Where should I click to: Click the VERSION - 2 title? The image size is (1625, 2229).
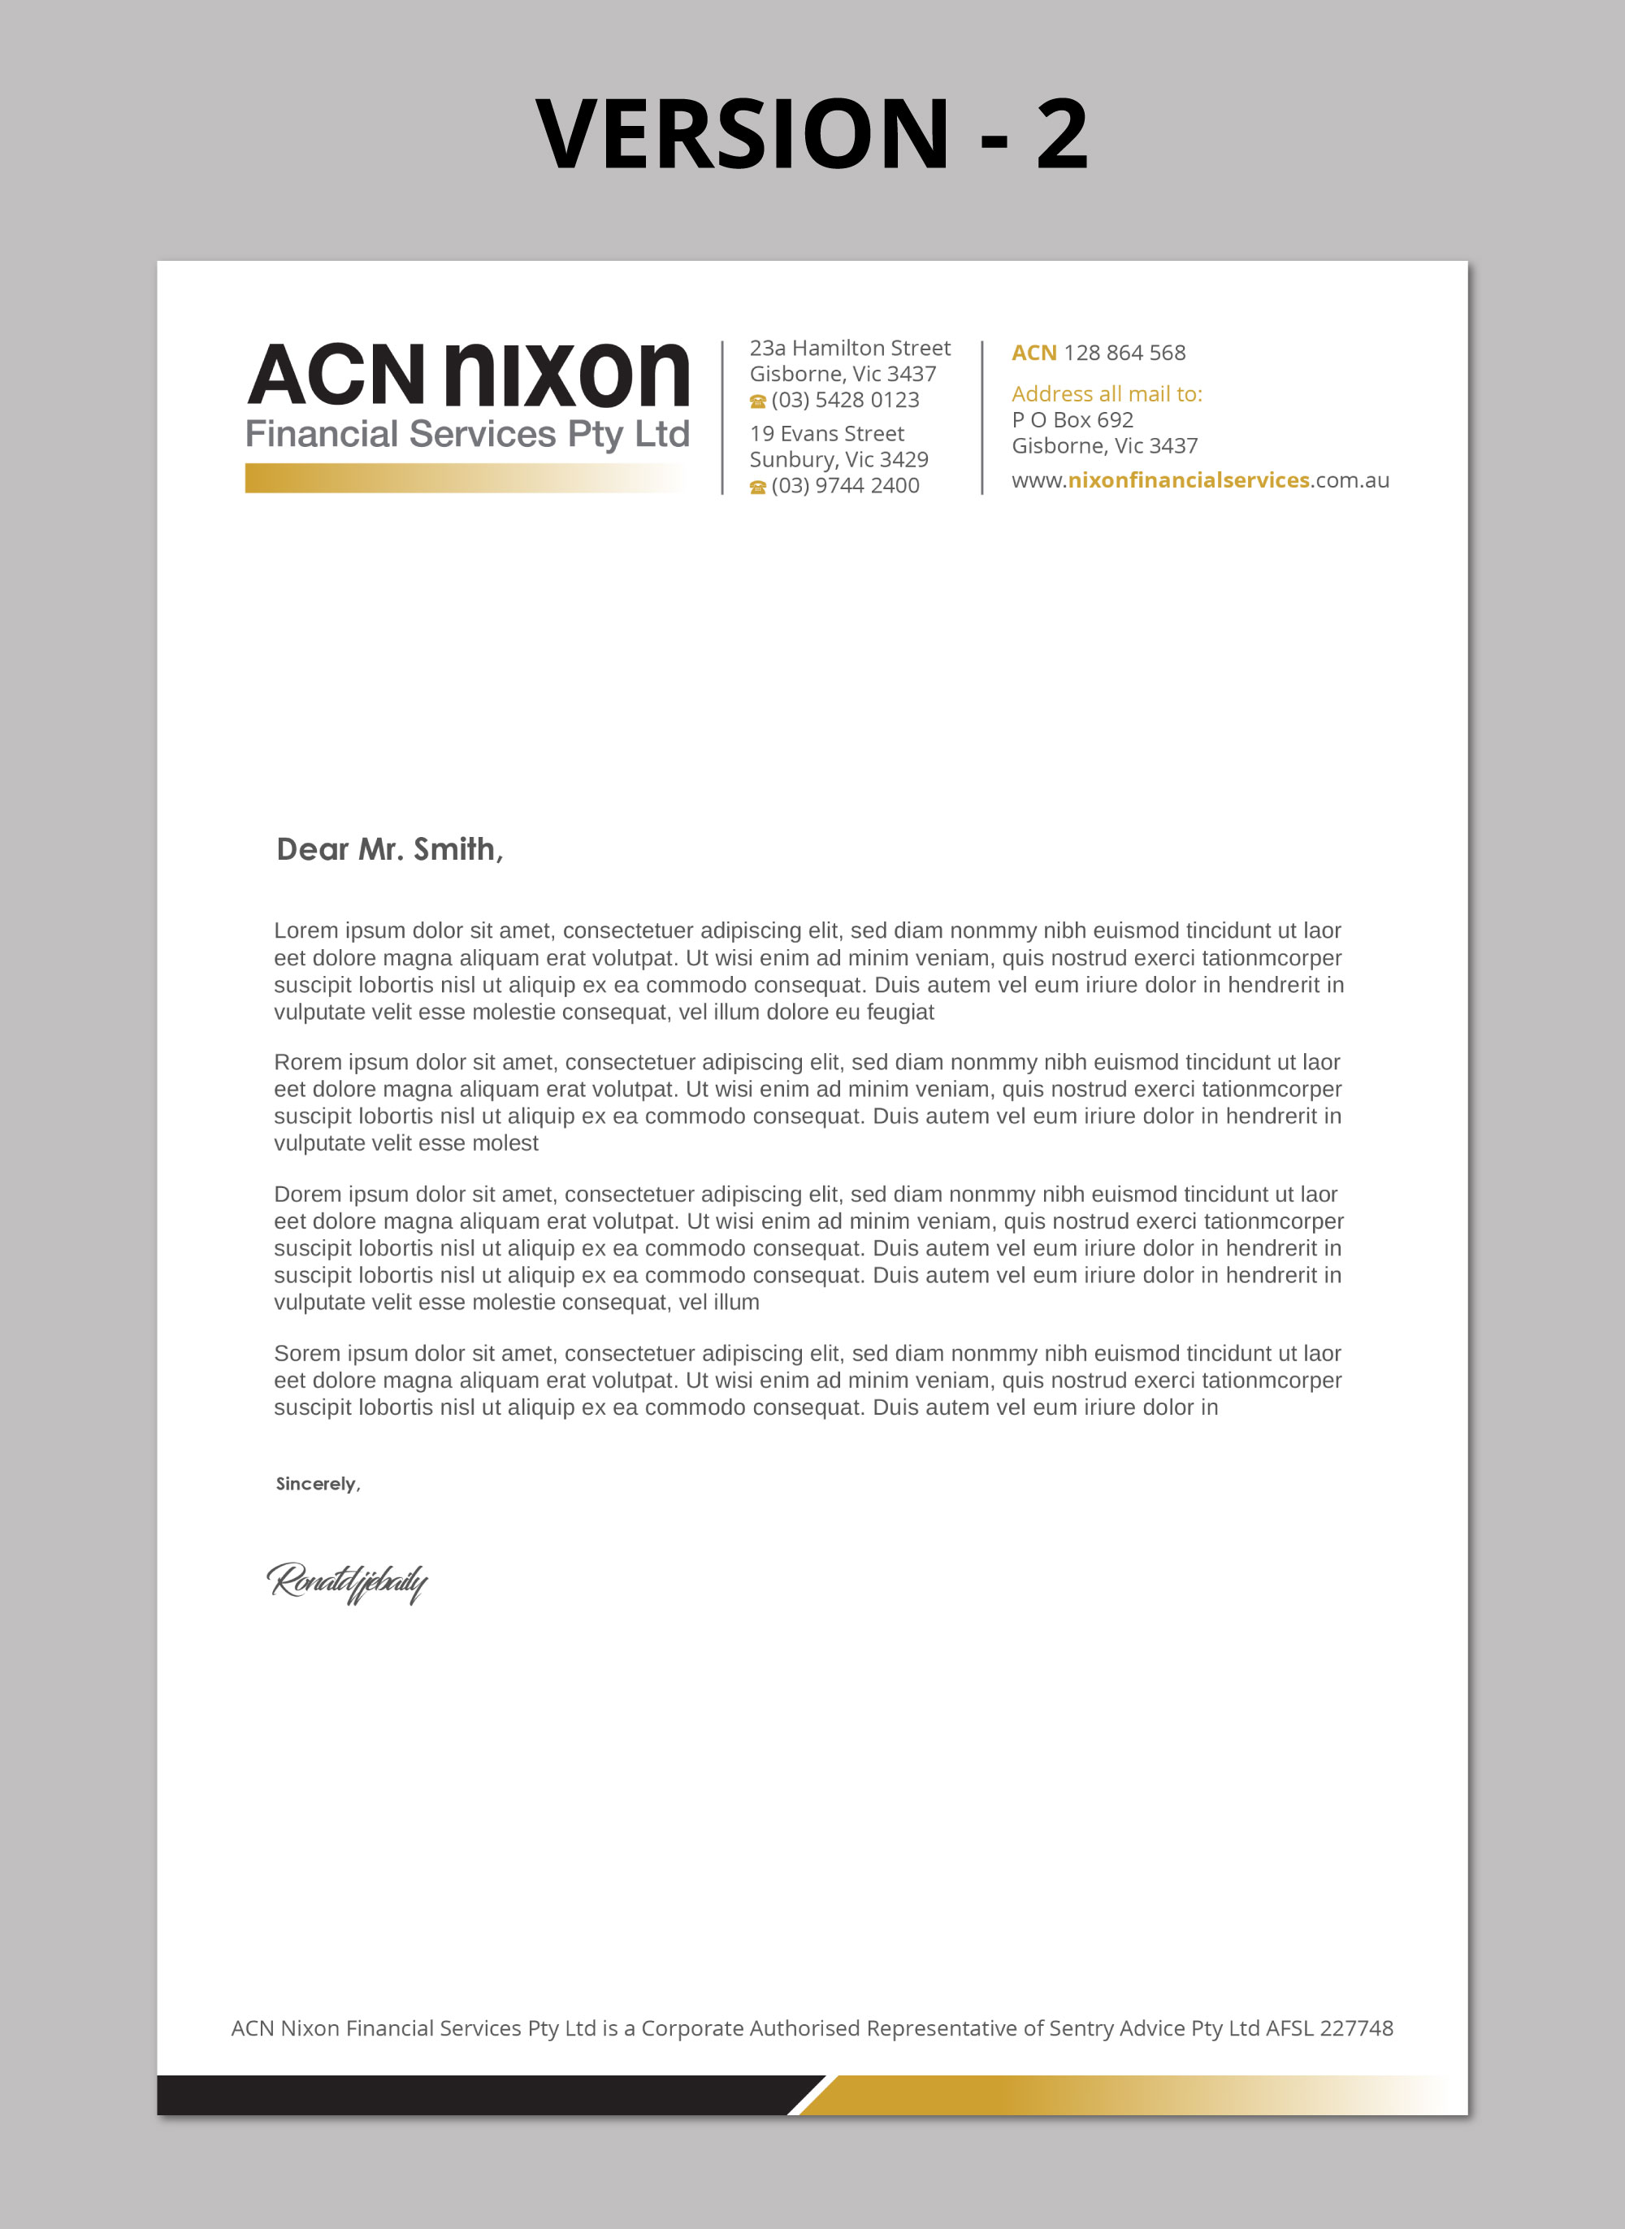(812, 134)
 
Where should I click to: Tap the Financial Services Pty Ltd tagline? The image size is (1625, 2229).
(467, 434)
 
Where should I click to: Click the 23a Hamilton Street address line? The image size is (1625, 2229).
(850, 349)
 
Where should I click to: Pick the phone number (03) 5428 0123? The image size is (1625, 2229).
(845, 401)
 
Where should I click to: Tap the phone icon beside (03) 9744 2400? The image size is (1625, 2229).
(757, 487)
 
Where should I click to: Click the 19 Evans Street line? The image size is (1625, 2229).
(826, 434)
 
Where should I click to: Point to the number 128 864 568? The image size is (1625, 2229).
(1124, 353)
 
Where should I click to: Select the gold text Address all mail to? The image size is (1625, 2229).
(1107, 394)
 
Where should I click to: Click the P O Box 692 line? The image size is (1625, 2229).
(1072, 420)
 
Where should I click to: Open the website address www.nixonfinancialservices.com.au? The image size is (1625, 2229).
(1200, 480)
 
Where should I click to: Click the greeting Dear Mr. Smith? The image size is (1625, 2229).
(389, 849)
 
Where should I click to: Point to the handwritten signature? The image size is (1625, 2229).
(347, 1581)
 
